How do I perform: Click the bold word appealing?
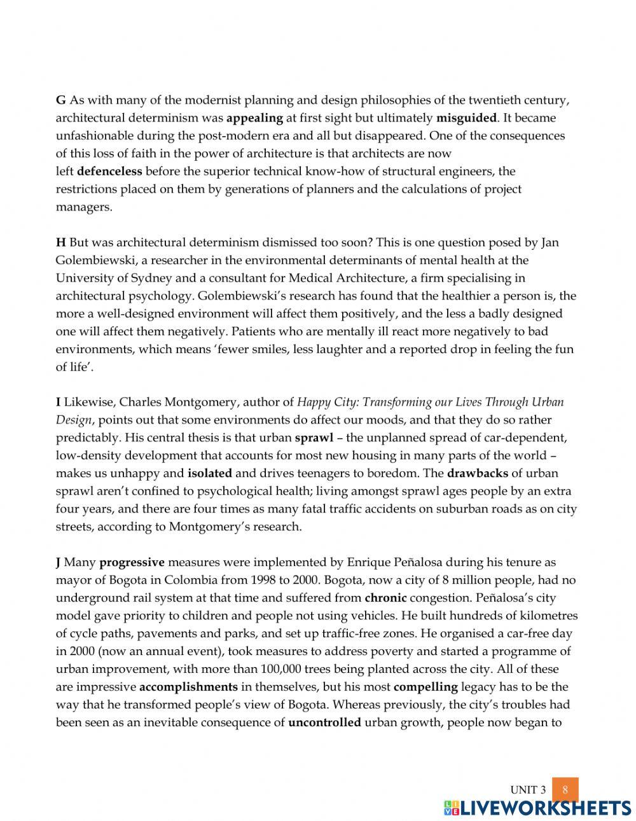pyautogui.click(x=254, y=118)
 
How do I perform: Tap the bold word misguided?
pyautogui.click(x=466, y=118)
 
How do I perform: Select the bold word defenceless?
pyautogui.click(x=109, y=171)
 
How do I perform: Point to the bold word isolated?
pyautogui.click(x=210, y=473)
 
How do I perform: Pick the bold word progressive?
pyautogui.click(x=132, y=562)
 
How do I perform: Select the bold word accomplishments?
pyautogui.click(x=188, y=687)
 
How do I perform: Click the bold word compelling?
pyautogui.click(x=425, y=687)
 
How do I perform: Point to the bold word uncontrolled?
pyautogui.click(x=324, y=722)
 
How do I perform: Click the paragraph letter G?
pyautogui.click(x=61, y=100)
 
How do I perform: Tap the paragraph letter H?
pyautogui.click(x=61, y=242)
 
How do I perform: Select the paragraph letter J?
pyautogui.click(x=59, y=562)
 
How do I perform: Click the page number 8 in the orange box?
pyautogui.click(x=565, y=790)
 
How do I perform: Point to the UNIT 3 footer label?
pyautogui.click(x=528, y=790)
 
